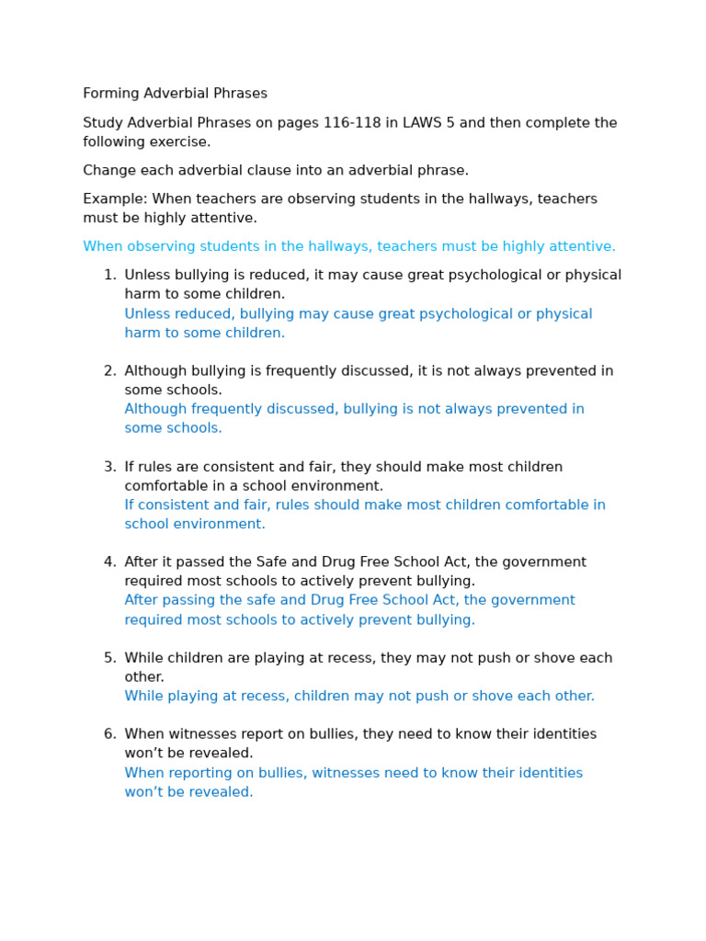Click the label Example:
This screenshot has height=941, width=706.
pyautogui.click(x=115, y=199)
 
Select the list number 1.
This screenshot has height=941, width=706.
pyautogui.click(x=108, y=276)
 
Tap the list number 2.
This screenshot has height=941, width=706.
pyautogui.click(x=108, y=371)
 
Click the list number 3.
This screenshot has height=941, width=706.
pyautogui.click(x=108, y=467)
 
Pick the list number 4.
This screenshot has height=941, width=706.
pyautogui.click(x=108, y=562)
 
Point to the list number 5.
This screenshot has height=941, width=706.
pyautogui.click(x=108, y=659)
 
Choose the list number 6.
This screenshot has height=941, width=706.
pyautogui.click(x=108, y=735)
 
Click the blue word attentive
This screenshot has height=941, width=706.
pyautogui.click(x=583, y=247)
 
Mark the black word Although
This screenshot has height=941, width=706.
pyautogui.click(x=155, y=371)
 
